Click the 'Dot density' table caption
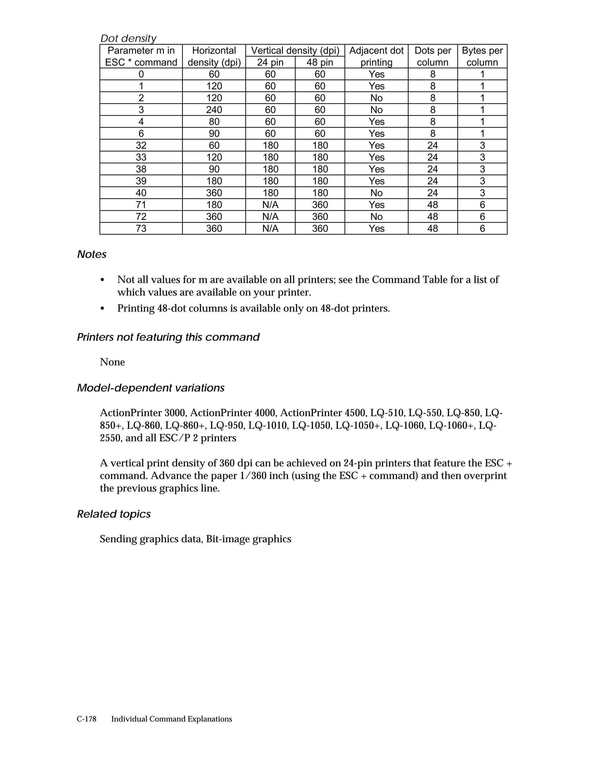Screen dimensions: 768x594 tap(128, 38)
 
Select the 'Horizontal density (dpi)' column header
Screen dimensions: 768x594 tap(214, 56)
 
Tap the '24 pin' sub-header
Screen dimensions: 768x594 tap(270, 62)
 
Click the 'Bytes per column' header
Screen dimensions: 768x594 tap(482, 56)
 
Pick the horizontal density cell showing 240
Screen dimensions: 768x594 tap(214, 110)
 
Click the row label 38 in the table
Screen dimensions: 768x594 tap(141, 169)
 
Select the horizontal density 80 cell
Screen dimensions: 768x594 tap(214, 122)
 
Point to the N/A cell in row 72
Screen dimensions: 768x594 tap(270, 216)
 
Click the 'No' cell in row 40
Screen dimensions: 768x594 tap(376, 193)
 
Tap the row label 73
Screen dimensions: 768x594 tap(141, 229)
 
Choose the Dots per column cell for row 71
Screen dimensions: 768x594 tap(432, 205)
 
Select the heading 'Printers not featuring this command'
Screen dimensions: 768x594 tap(168, 337)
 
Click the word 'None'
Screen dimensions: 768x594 tap(112, 362)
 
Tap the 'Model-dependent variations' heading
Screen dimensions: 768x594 tap(151, 388)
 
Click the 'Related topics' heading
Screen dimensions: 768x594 tap(114, 514)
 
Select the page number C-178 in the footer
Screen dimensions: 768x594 tap(86, 719)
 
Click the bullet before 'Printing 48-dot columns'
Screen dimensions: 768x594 tap(102, 309)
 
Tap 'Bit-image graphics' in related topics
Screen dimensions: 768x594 tap(249, 539)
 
